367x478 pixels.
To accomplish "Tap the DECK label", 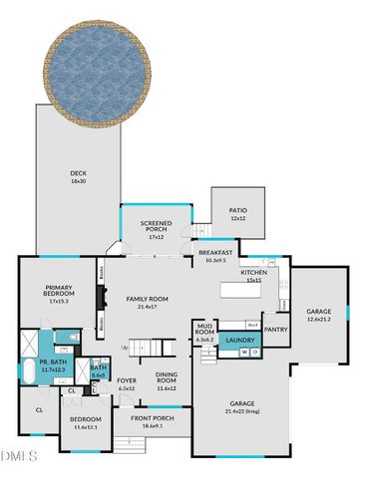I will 78,172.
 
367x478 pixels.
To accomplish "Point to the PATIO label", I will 237,212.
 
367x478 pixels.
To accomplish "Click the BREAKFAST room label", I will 215,253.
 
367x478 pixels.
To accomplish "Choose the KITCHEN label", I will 253,272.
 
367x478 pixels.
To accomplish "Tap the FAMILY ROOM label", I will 147,299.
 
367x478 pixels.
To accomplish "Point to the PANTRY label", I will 276,330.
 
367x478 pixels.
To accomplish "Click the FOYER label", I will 127,380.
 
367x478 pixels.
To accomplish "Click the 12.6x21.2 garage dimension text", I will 318,319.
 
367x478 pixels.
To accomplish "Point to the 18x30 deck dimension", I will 78,182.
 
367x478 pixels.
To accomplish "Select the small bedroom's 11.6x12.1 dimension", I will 85,427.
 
